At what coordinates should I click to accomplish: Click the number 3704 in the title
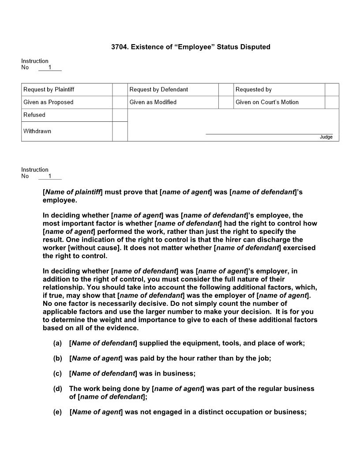point(120,47)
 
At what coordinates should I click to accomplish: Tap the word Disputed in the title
point(254,47)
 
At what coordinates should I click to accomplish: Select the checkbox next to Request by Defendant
point(226,90)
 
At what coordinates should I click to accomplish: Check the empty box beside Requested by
point(332,90)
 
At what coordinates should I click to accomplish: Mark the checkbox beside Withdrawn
point(120,132)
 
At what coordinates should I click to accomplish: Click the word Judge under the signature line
point(326,137)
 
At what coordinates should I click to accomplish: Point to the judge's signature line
point(269,133)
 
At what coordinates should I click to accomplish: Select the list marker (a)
point(57,343)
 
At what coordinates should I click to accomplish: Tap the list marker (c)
point(57,373)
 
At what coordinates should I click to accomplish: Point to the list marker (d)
point(57,389)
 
